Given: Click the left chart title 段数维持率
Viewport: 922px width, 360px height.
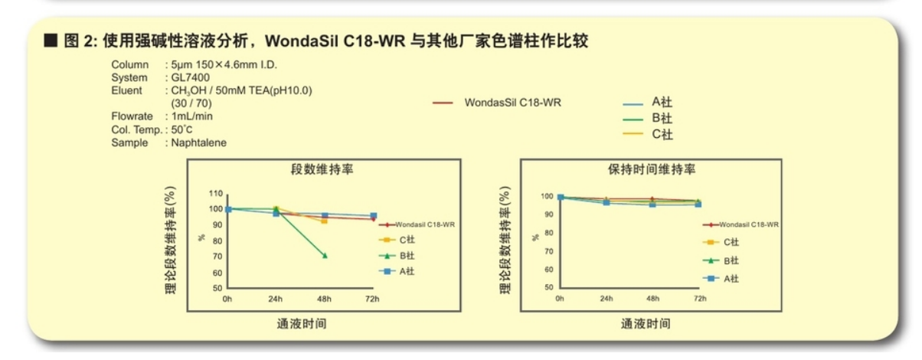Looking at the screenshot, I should pyautogui.click(x=322, y=169).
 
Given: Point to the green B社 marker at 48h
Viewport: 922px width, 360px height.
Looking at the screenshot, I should pyautogui.click(x=325, y=255).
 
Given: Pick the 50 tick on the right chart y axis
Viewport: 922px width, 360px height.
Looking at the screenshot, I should pyautogui.click(x=548, y=287).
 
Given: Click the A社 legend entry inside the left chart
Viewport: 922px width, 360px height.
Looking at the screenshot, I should pyautogui.click(x=406, y=271).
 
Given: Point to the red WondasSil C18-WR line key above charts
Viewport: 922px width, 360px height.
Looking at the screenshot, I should pyautogui.click(x=444, y=102).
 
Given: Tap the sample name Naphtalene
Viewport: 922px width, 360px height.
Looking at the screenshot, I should pyautogui.click(x=199, y=142).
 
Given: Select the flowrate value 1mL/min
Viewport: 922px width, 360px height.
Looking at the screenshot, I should pyautogui.click(x=192, y=116).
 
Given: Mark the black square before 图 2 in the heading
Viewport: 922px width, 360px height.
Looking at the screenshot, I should pyautogui.click(x=51, y=41).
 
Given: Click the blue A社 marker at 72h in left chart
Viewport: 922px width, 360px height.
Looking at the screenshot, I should pyautogui.click(x=373, y=216).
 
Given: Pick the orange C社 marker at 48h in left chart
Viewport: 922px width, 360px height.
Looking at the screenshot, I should pyautogui.click(x=324, y=221).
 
